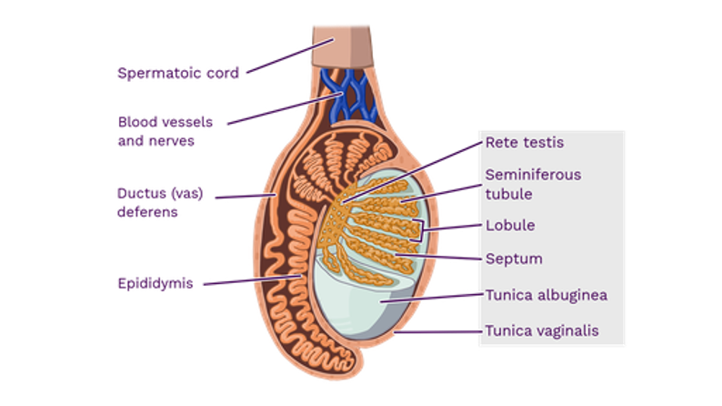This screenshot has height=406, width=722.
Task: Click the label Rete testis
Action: coord(525,142)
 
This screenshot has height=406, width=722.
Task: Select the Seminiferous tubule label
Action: coord(533,183)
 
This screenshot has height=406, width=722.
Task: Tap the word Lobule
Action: coord(509,225)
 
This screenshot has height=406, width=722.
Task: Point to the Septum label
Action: coord(514,259)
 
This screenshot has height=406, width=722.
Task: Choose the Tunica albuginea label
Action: coord(546,295)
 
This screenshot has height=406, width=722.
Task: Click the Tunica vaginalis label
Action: coord(542,330)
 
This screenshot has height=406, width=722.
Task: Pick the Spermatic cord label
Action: coord(177,72)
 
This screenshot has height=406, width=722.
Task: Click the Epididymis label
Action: coord(155,282)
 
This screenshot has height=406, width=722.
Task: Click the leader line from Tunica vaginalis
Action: coord(436,333)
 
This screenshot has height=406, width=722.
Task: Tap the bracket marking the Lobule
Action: coord(419,228)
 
